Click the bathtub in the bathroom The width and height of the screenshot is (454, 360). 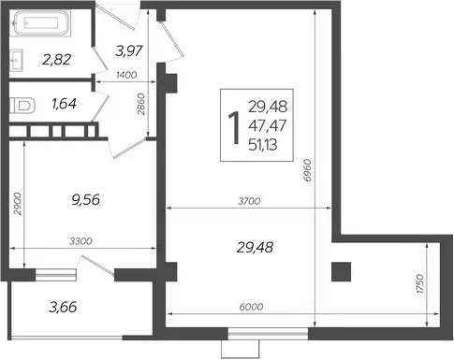(42, 23)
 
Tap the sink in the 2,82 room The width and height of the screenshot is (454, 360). (16, 60)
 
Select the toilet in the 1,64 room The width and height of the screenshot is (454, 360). (22, 106)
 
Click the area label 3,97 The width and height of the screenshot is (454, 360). (129, 50)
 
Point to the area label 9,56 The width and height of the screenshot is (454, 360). (86, 200)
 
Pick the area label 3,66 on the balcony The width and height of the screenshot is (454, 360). (63, 307)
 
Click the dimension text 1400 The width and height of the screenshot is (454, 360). (126, 75)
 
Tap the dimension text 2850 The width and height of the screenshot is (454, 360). (141, 104)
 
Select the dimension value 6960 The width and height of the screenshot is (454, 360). (307, 170)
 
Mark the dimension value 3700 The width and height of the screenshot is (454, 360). (249, 201)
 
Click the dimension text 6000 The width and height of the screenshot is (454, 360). (252, 307)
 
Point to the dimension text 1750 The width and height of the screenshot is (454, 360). (420, 284)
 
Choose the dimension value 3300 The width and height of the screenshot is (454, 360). (81, 241)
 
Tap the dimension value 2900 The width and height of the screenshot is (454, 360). (18, 204)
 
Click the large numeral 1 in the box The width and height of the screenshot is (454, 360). (234, 128)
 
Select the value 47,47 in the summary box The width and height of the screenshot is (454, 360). (268, 125)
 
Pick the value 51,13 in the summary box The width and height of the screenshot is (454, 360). (263, 145)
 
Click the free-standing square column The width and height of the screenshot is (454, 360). (341, 272)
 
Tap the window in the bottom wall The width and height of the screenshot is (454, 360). (268, 334)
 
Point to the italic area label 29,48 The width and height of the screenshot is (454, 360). (256, 248)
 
